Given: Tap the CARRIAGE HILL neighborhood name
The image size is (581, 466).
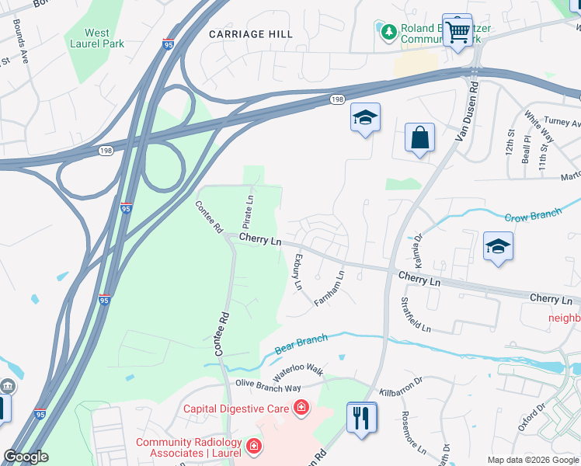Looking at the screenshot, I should point(251,34).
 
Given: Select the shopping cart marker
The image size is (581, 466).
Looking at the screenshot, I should point(458,32).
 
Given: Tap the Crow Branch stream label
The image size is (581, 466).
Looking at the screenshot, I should point(533,215).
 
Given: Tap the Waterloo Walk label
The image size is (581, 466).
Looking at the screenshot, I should point(298,370).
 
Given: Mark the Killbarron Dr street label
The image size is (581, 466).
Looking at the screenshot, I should point(401,394).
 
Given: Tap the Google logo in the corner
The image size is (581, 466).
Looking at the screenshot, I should point(26,457).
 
